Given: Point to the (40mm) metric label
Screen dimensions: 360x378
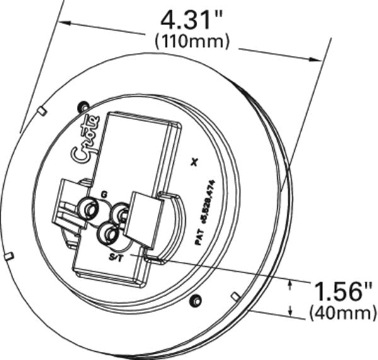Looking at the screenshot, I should coord(340,312).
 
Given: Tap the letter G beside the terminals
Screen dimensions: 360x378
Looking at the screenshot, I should coord(105,194).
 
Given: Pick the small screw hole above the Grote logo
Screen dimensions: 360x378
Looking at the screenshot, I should coord(81,106).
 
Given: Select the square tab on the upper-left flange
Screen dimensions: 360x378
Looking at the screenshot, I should coord(40,111).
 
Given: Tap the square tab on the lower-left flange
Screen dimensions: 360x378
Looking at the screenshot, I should coord(9,255).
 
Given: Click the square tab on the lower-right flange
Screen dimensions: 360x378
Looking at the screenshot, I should coord(234,296).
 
